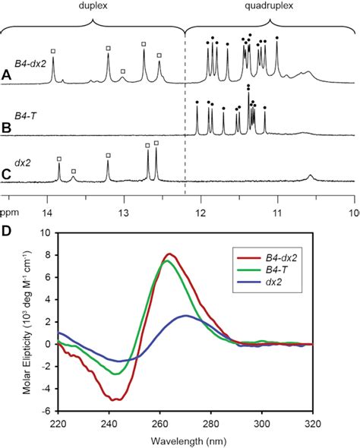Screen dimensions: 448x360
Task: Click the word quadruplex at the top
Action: point(271,5)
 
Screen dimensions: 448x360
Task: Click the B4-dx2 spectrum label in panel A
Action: point(30,64)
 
